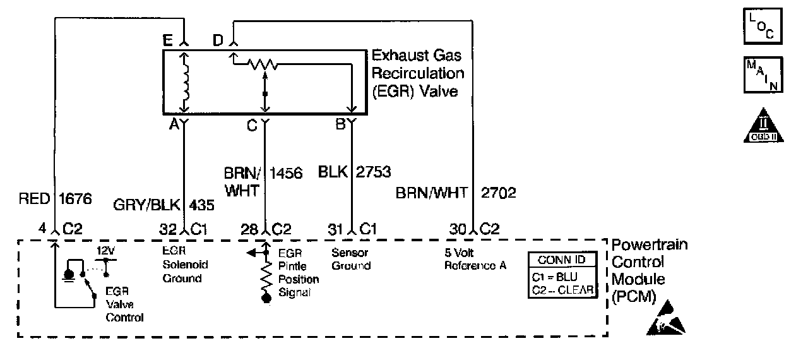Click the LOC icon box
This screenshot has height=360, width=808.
(x=763, y=27)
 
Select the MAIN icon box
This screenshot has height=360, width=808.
(x=763, y=75)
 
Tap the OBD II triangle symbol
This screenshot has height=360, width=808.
(x=763, y=126)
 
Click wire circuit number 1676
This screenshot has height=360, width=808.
(x=75, y=199)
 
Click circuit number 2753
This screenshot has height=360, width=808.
(x=373, y=172)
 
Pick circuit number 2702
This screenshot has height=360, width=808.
(x=499, y=193)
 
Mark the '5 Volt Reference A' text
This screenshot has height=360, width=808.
(x=475, y=260)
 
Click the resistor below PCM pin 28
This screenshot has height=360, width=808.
(x=265, y=275)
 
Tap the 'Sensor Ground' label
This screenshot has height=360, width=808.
(x=350, y=260)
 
